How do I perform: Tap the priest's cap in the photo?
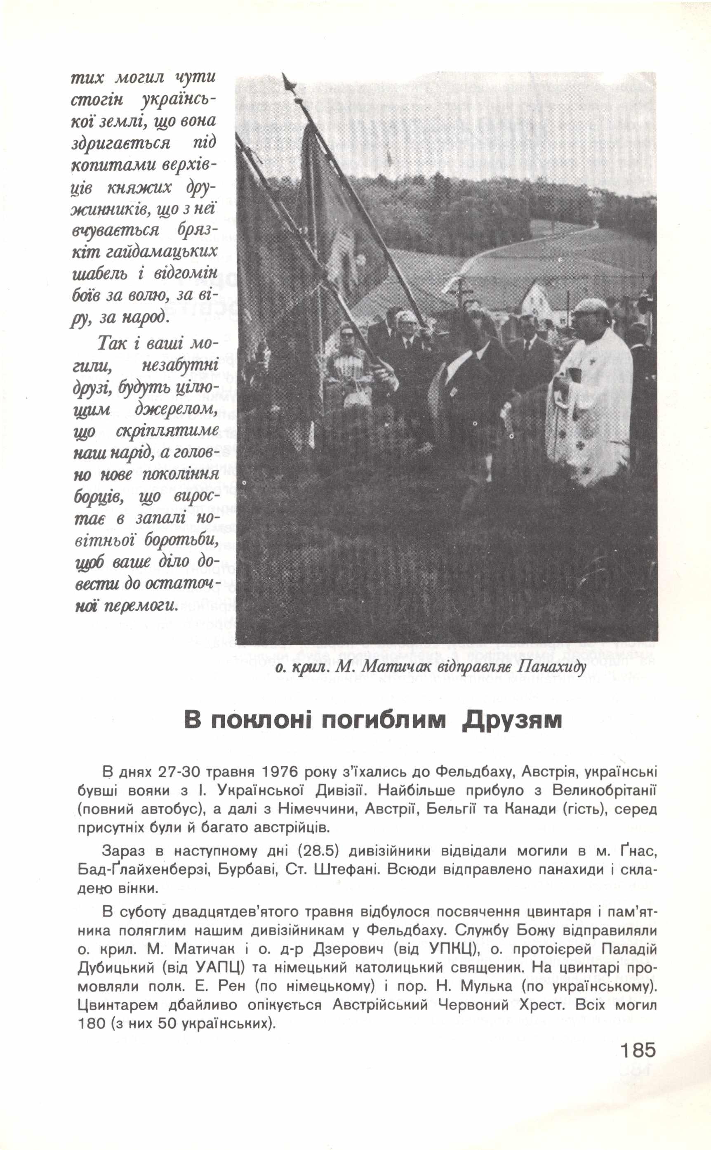tap(591, 305)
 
